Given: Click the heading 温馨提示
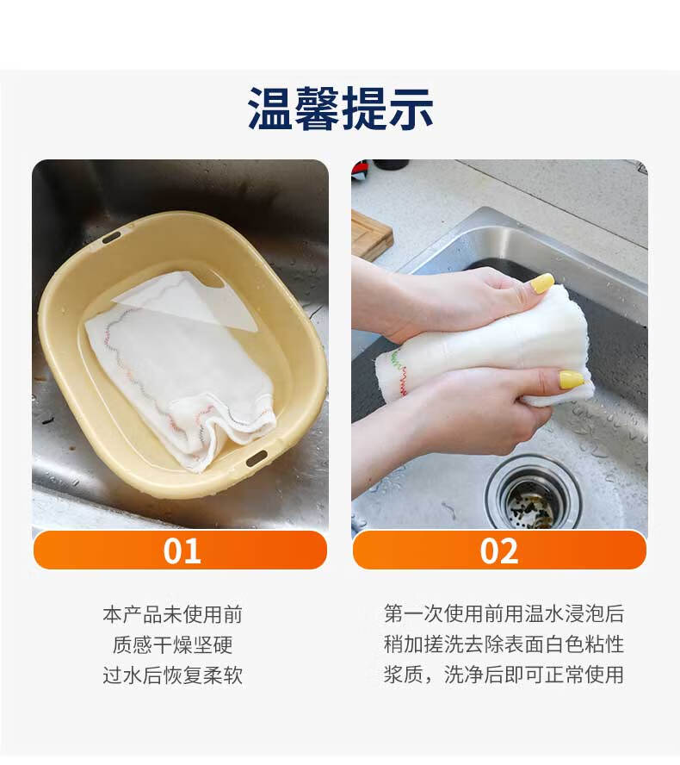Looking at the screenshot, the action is coord(340,109).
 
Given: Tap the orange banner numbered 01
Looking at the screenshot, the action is coord(181,550).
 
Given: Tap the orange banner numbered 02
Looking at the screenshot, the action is coord(499,550).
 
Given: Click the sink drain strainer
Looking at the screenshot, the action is coord(533,494).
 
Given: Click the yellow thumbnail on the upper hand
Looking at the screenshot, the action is coord(542,283).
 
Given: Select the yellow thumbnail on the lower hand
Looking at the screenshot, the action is coord(572,379).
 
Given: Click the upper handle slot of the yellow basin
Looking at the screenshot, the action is coord(111,239).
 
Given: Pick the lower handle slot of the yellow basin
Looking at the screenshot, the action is coord(257,458).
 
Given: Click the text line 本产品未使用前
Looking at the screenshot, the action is coord(172,614).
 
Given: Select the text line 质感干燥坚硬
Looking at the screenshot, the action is coord(172,644).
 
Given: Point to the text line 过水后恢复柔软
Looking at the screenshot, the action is coord(172,675).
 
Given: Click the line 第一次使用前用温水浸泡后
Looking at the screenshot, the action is coord(504,613).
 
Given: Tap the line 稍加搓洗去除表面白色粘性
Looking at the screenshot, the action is coord(504,644).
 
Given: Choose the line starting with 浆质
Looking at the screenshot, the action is coord(504,675).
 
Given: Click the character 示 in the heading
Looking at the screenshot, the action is coord(411,109).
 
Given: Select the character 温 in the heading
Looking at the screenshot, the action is coord(270,109).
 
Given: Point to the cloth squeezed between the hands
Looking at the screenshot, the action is coord(487,346).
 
